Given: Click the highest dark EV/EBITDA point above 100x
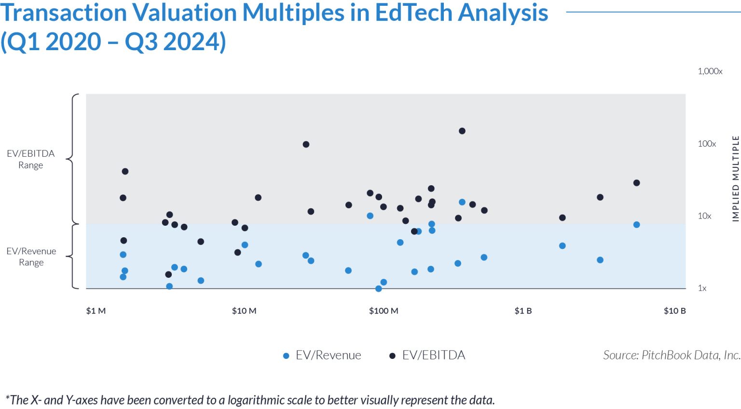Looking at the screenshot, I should [462, 131].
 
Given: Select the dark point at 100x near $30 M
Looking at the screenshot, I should [306, 144].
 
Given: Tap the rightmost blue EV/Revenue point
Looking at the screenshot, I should [636, 225].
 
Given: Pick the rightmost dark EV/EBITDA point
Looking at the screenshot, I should [636, 183].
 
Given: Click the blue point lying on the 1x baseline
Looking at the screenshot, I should [379, 288].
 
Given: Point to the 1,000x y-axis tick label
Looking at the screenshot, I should [710, 71].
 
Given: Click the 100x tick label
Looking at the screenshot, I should [706, 144].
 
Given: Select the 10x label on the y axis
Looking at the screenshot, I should [704, 216].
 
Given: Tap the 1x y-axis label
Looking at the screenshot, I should [702, 288].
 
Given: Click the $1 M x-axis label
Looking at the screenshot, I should [96, 311].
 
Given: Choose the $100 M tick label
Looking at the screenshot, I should [384, 311].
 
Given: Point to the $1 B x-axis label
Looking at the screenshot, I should [523, 311].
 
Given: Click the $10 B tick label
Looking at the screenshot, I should [674, 311].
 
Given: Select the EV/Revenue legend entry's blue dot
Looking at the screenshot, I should [286, 356].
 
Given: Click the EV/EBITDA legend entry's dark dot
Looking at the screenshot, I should [392, 356].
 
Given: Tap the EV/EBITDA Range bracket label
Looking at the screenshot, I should [31, 159].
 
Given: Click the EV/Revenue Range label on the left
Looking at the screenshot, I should [31, 257].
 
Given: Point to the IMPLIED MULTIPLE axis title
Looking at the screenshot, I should [735, 178].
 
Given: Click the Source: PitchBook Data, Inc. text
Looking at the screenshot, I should [671, 355].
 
